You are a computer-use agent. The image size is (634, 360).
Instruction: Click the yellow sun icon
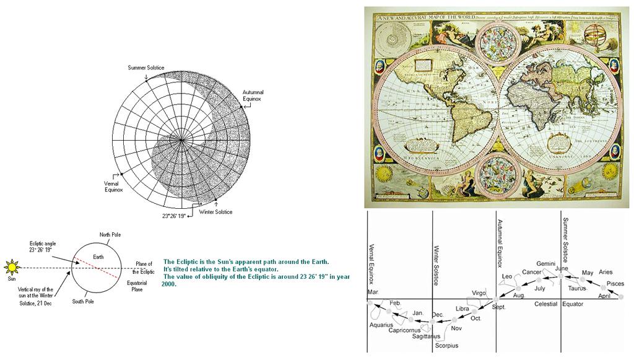coord(12,268)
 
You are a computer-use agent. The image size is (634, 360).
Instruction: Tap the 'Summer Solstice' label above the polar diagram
coord(147,67)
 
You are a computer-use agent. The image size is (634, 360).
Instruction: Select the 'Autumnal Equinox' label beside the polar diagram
coord(253,95)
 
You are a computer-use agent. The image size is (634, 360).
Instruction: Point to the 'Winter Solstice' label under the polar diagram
coord(215,212)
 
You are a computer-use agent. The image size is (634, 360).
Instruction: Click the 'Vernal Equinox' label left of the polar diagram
coord(113,187)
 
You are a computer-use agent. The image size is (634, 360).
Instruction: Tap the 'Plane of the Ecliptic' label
coord(144,268)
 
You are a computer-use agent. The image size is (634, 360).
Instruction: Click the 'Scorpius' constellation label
coord(446,345)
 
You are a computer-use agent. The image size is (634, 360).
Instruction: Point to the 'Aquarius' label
coord(381,325)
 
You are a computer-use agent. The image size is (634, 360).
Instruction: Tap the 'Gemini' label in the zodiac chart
coord(546,263)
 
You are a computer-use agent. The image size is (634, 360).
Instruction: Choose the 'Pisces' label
coord(615,283)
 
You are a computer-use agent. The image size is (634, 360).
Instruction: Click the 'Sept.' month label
coord(500,307)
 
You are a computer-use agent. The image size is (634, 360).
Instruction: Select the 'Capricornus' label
coord(405,330)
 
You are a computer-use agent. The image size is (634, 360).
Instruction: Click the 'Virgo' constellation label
coord(479,292)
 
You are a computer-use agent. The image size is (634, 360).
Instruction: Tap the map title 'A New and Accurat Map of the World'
coord(427,17)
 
